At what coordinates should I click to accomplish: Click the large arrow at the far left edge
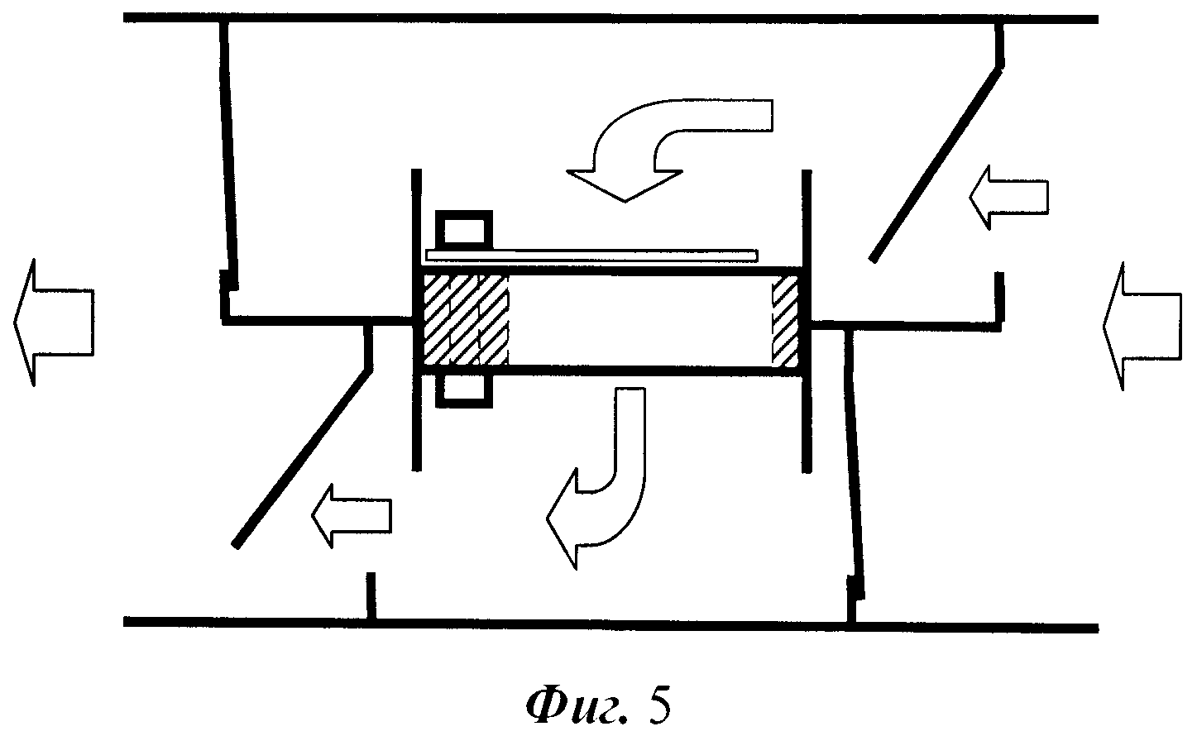coord(51,322)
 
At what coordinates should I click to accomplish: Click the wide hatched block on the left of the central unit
coord(465,320)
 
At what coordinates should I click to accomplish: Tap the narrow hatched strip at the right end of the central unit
coord(785,320)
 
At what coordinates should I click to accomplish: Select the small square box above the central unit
coord(463,229)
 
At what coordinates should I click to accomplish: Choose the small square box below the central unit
coord(463,390)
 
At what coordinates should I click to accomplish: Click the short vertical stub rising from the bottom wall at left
coord(371,595)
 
